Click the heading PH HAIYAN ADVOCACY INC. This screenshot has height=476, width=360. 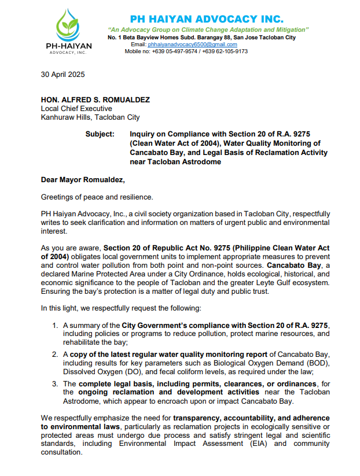tap(207, 19)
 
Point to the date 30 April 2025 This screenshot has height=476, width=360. tap(63, 75)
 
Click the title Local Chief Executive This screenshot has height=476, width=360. tap(76, 109)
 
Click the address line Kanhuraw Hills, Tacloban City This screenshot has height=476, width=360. tap(90, 117)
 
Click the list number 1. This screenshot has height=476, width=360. tap(56, 326)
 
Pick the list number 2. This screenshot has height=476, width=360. tap(56, 354)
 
